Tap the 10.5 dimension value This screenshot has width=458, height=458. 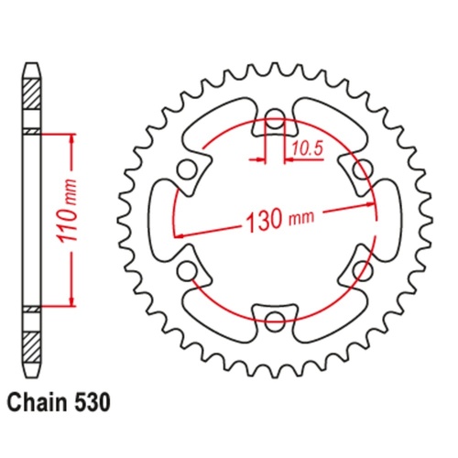coord(307,146)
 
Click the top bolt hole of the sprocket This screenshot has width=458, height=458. coord(275,121)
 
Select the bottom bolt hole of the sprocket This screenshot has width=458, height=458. coord(275,320)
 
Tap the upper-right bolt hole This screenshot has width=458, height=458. coord(360,169)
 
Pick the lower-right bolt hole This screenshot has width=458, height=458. coord(360,270)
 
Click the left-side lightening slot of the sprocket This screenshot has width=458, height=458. coord(162,220)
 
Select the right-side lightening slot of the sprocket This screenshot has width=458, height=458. coord(387,220)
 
